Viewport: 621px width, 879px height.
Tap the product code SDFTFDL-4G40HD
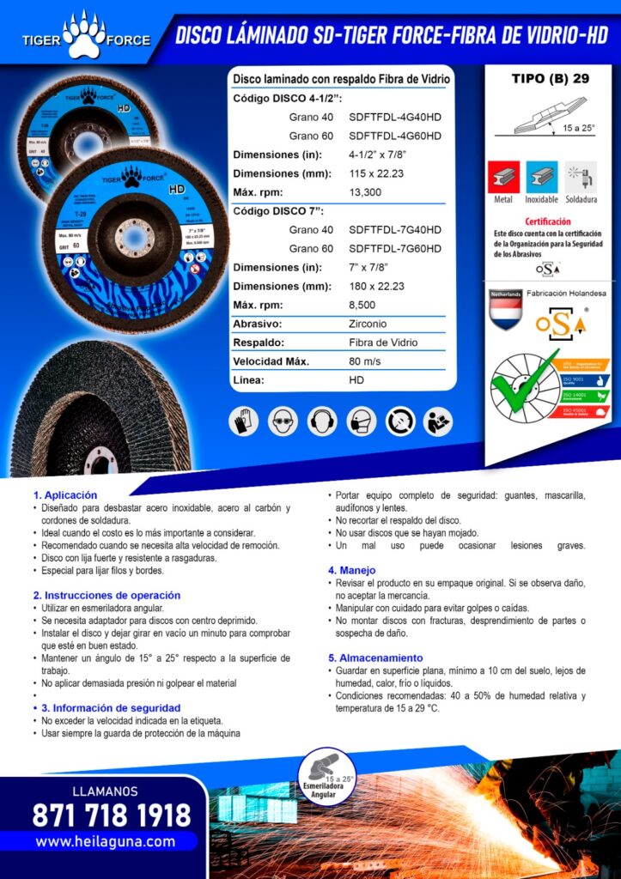click(x=395, y=118)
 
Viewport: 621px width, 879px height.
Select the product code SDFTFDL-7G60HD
click(x=395, y=248)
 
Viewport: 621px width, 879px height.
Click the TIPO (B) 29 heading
click(x=550, y=79)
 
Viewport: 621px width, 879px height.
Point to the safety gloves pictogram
click(x=244, y=421)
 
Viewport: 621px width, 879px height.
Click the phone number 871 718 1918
click(x=112, y=815)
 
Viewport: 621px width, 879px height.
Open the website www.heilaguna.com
click(x=105, y=842)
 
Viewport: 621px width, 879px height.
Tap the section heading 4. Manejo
click(x=351, y=570)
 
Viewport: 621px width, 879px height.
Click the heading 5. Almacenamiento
click(x=375, y=658)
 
